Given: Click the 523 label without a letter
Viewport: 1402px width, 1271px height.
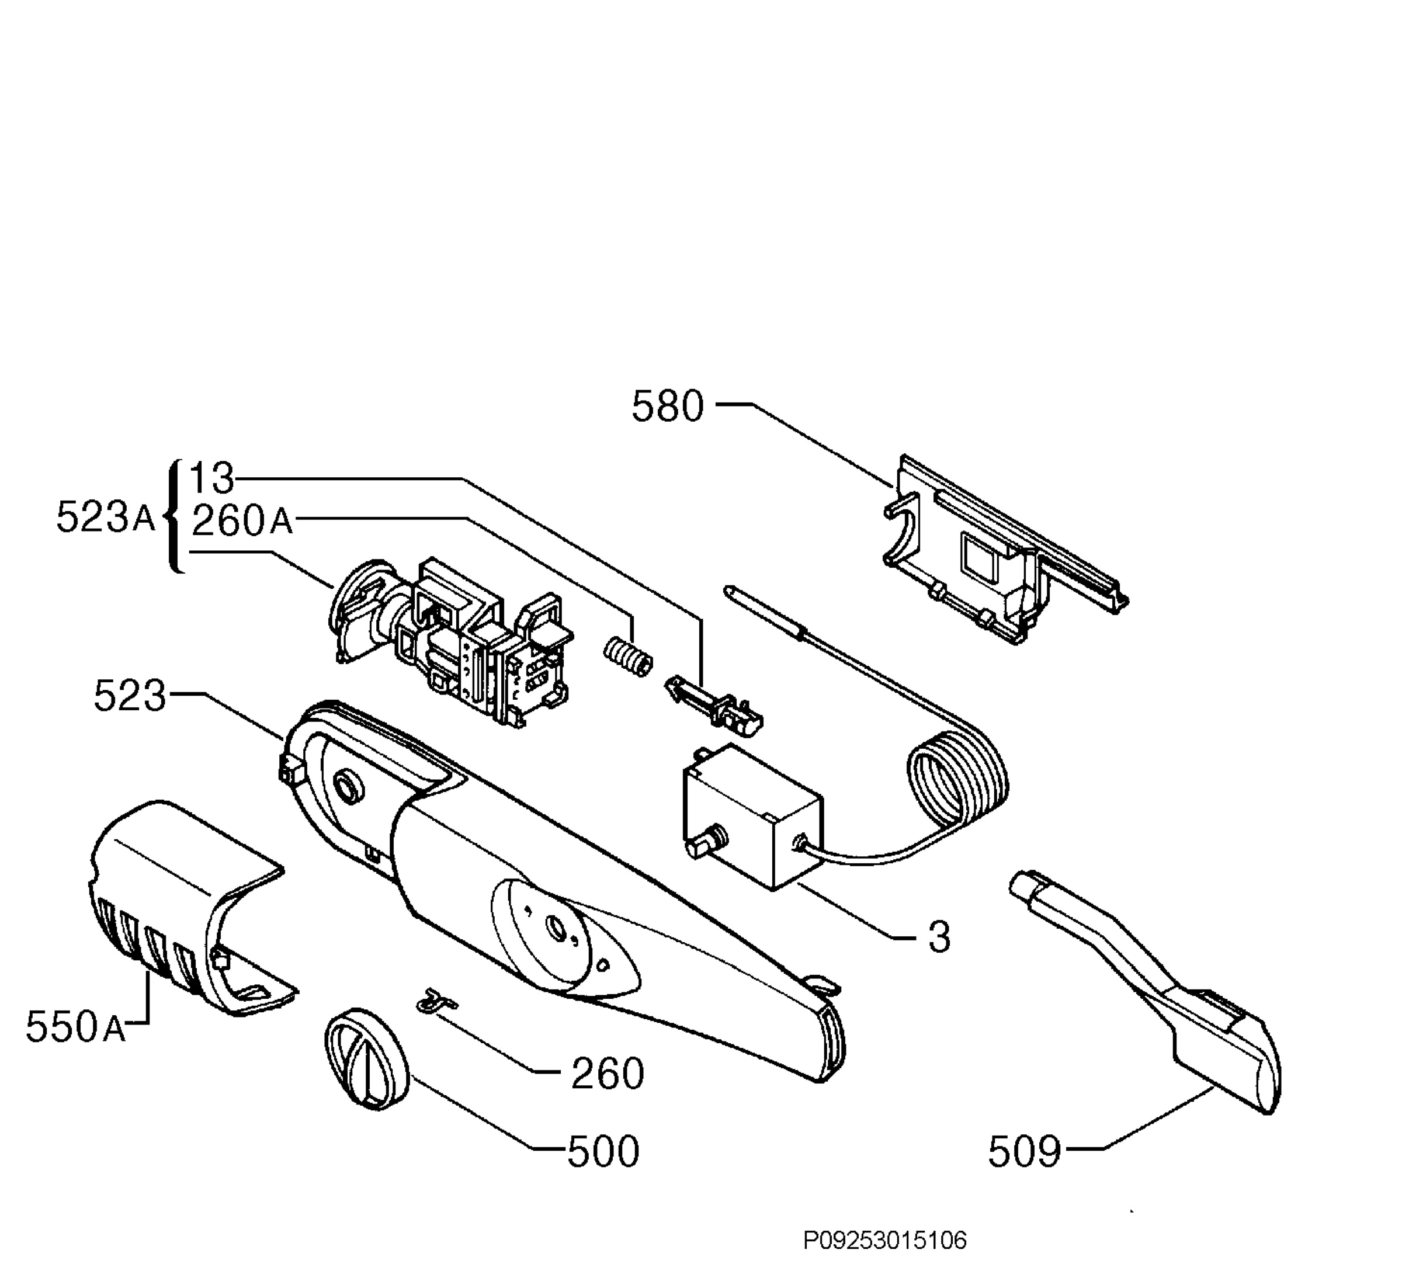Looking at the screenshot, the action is coord(130,696).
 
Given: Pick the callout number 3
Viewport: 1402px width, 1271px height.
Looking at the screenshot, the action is coord(939,937).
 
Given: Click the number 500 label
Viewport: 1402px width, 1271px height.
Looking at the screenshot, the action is coord(603,1151).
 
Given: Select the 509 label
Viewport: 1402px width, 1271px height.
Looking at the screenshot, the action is coord(1025,1151).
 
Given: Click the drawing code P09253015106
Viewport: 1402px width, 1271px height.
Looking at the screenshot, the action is coord(884,1241).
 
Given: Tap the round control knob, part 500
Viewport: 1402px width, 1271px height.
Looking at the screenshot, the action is coord(366,1058).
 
